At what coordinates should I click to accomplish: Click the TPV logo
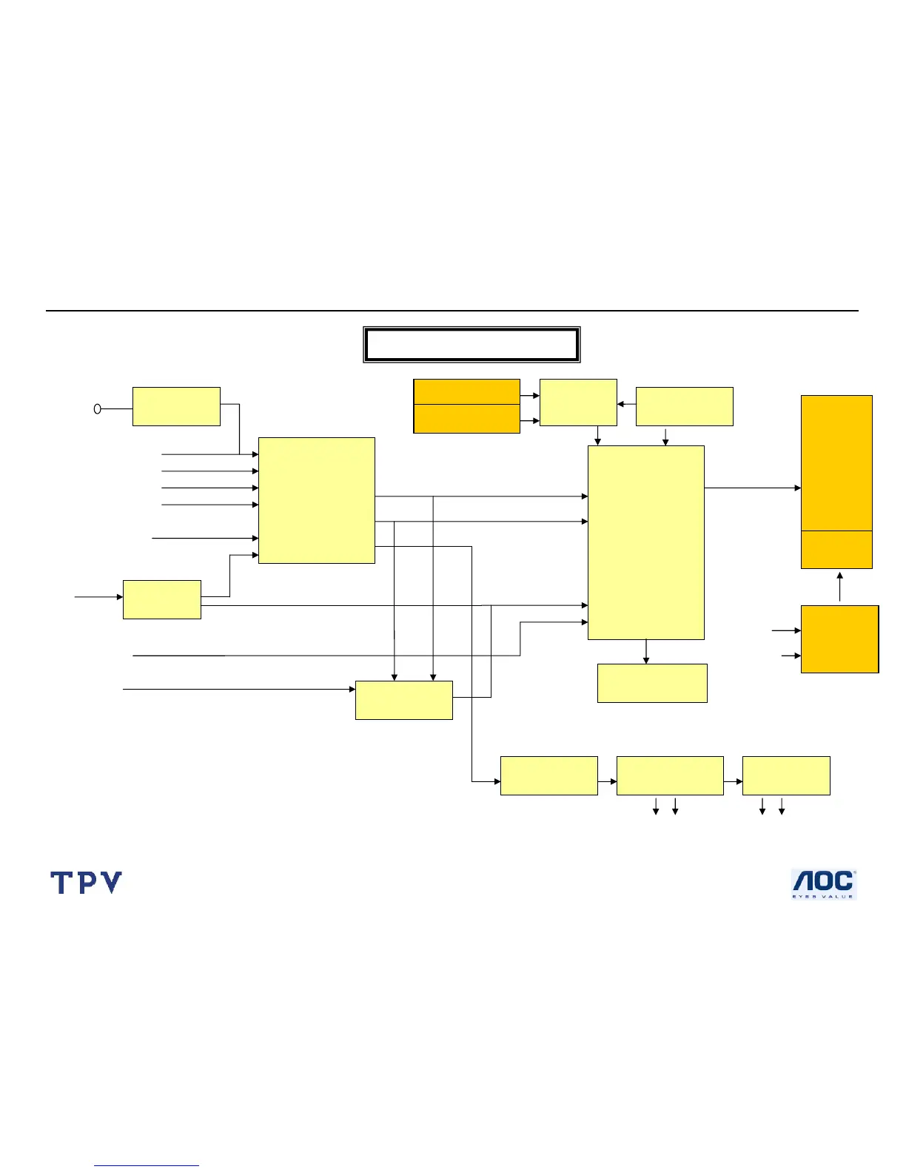coord(86,882)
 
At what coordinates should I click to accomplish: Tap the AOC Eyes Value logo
coord(824,884)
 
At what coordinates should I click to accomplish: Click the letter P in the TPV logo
coord(87,882)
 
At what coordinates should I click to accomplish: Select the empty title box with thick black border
coord(472,345)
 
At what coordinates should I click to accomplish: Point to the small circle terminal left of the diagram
coord(97,408)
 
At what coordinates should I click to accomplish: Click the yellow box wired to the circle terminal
coord(176,406)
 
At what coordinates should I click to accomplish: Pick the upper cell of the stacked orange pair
coord(466,391)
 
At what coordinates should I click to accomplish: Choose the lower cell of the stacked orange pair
coord(466,418)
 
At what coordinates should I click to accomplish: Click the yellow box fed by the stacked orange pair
coord(578,403)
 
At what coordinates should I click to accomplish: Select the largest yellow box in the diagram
coord(645,542)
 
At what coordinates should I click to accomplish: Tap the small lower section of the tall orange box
coord(836,549)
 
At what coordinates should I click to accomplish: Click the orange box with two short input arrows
coord(839,639)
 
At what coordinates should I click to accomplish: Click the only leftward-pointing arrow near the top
coord(623,404)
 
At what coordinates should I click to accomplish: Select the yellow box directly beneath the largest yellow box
coord(652,683)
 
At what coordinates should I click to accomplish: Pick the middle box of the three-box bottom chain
coord(670,775)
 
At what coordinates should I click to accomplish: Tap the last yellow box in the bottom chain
coord(786,775)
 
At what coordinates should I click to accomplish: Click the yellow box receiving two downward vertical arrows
coord(404,700)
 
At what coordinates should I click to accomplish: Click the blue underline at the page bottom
coord(147,1166)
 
